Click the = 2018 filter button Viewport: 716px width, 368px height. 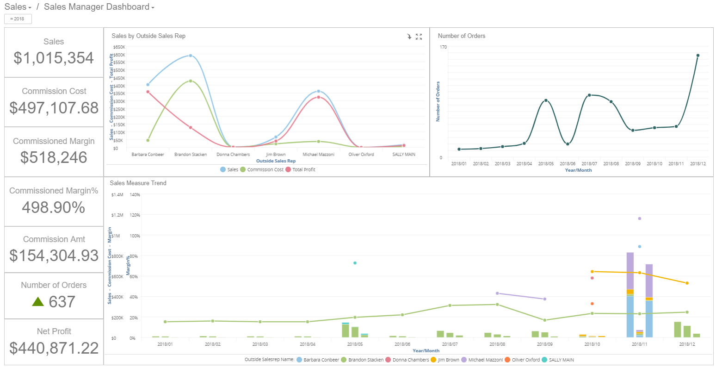pos(18,19)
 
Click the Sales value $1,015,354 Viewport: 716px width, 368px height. pos(54,58)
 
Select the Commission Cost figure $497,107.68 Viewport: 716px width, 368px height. pos(54,108)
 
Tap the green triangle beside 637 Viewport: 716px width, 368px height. pos(38,302)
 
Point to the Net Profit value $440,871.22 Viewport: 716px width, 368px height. pos(54,348)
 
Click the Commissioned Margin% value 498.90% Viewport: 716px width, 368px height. pos(54,207)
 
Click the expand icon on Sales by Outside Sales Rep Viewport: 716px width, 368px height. pos(419,37)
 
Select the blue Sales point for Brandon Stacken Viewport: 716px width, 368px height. pos(191,56)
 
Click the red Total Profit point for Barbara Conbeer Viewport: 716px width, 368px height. pos(148,92)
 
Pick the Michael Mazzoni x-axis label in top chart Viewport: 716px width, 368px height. pos(318,155)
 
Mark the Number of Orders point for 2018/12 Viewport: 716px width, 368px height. pos(697,56)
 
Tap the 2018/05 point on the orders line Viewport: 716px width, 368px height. pos(546,100)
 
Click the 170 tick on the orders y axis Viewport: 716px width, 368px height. pos(443,47)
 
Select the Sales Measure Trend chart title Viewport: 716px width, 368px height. pos(138,183)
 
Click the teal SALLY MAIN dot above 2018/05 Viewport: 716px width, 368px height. pos(355,263)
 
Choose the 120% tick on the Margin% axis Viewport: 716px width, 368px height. pos(135,215)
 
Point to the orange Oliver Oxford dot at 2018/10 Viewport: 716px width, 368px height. pos(592,304)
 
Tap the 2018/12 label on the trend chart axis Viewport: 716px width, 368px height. pos(687,344)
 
